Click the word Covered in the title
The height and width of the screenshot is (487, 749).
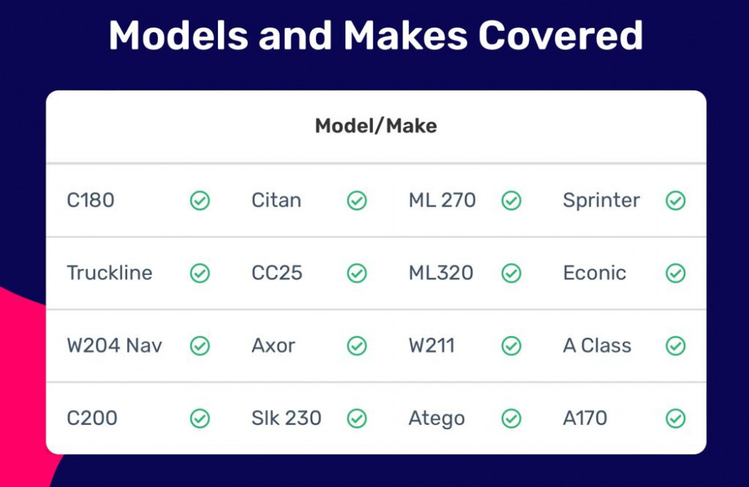[x=560, y=35]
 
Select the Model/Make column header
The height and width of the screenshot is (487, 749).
[x=376, y=126]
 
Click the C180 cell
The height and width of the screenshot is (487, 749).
[x=91, y=200]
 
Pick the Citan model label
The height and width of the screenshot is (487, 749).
[x=276, y=200]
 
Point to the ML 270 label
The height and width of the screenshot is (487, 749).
[x=442, y=200]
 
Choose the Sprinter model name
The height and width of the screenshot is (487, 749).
[x=601, y=200]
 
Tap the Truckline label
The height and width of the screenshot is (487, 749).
[x=109, y=273]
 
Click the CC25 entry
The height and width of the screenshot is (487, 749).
[x=277, y=273]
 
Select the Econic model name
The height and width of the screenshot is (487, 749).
[x=595, y=273]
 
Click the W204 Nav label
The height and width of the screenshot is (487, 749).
[x=115, y=345]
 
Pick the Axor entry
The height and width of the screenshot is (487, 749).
[x=273, y=345]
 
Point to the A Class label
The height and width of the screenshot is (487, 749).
[x=597, y=345]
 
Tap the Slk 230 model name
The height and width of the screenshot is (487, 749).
[x=287, y=418]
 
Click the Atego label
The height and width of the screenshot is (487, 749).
[x=437, y=419]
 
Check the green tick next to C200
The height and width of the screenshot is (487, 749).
[x=200, y=418]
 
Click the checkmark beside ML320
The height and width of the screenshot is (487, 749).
[x=511, y=273]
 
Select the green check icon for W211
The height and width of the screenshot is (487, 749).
[x=511, y=345]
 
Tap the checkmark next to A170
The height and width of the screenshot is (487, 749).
[x=676, y=418]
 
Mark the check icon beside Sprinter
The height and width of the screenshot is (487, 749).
[x=676, y=200]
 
